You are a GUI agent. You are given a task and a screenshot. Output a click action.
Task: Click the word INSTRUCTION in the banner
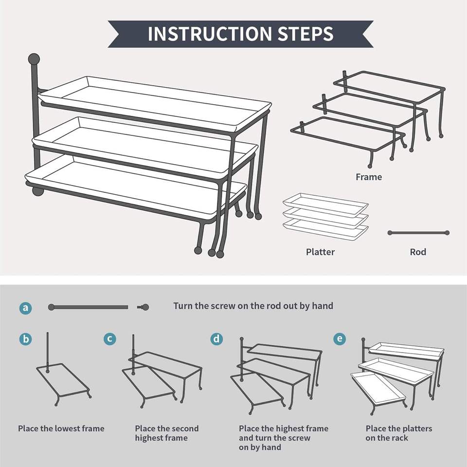(x=210, y=34)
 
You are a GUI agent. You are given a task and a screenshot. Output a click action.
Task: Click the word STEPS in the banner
(x=305, y=34)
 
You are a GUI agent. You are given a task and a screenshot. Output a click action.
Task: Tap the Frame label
(x=369, y=177)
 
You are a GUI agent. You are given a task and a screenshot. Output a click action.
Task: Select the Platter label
(x=320, y=252)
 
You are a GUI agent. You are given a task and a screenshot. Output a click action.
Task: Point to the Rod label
(x=418, y=252)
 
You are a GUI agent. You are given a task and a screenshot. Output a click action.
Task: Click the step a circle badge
(x=25, y=307)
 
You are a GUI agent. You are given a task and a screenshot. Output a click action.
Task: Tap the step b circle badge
(x=25, y=339)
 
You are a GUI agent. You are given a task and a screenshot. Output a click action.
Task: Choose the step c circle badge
(x=110, y=339)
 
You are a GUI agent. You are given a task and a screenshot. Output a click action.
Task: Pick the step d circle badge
(x=216, y=339)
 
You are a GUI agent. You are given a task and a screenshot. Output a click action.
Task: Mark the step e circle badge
(x=340, y=339)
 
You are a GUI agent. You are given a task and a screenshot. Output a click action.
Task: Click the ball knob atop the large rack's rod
(x=34, y=59)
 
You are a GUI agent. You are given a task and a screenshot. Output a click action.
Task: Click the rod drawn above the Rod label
(x=418, y=233)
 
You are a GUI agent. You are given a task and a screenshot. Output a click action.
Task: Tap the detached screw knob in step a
(x=144, y=307)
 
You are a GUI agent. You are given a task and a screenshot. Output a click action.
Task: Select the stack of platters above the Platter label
(x=325, y=217)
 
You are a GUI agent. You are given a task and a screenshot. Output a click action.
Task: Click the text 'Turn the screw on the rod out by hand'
(x=253, y=306)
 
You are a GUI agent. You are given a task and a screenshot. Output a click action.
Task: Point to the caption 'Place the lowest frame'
(x=61, y=429)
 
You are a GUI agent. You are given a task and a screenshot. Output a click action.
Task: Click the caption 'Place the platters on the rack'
(x=399, y=433)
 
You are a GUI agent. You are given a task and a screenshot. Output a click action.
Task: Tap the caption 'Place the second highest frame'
(x=166, y=433)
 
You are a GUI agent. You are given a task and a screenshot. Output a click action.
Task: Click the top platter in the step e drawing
(x=406, y=351)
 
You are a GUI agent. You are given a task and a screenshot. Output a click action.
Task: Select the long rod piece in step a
(x=88, y=307)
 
